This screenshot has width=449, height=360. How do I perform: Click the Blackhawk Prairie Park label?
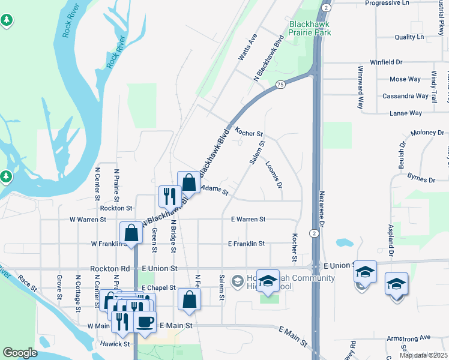point(310,28)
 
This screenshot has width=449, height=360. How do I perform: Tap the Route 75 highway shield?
point(281,86)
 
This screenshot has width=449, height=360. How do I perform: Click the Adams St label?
point(215,190)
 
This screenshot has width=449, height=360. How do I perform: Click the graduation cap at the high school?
point(268,280)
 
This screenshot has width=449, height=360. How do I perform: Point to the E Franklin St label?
point(246,244)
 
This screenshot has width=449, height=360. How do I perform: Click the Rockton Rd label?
point(110,269)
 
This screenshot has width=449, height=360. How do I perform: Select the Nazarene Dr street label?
point(322,209)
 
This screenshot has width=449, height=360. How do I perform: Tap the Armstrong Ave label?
point(409,338)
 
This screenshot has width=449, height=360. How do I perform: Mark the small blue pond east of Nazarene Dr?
point(344,243)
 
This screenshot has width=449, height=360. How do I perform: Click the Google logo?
point(20,353)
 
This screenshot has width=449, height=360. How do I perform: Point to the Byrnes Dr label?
point(421,179)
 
